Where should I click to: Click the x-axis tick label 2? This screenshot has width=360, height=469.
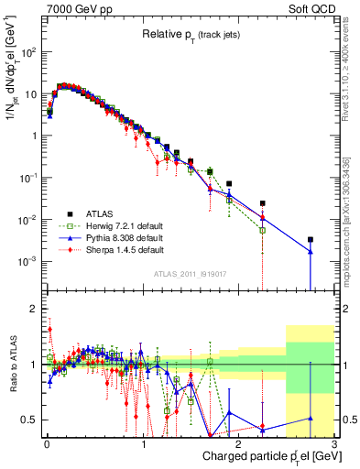point(239,444)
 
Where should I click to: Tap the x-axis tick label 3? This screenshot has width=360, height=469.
point(335,444)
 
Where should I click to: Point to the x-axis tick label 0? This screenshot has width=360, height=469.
point(47,444)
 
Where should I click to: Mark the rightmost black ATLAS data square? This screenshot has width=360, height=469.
point(311,240)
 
